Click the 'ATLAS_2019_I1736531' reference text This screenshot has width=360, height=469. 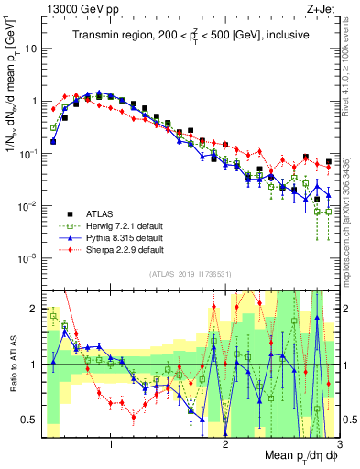coord(190,274)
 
